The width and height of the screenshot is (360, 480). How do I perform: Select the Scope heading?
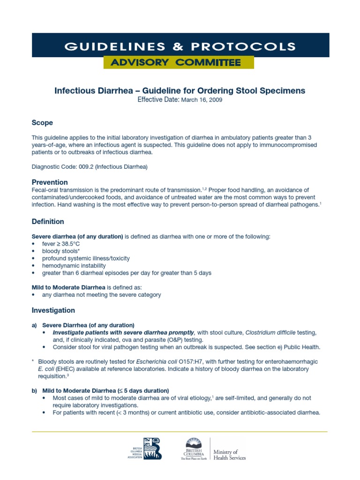42,123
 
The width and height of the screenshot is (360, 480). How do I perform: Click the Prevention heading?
50,182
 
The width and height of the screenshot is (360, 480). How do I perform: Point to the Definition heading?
48,221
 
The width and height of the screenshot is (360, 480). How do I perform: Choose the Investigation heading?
53,310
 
